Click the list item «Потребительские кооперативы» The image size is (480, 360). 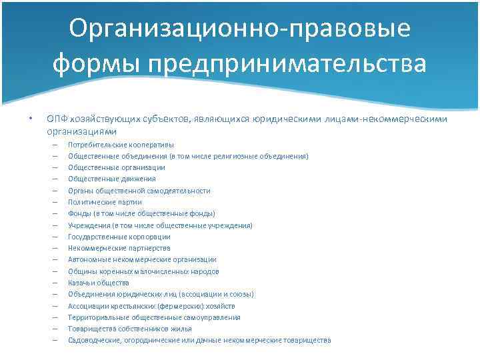[121, 145]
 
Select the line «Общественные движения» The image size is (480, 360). [112, 179]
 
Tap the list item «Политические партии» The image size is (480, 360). [105, 202]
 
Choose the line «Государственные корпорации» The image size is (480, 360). [119, 237]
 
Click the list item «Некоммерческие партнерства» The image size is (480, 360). [115, 248]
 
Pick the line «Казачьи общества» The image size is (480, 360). [99, 283]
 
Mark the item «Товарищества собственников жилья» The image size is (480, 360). [130, 329]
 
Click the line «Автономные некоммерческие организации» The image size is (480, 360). [142, 259]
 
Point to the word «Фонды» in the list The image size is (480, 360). [79, 213]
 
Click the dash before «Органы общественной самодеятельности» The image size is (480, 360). [53, 191]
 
